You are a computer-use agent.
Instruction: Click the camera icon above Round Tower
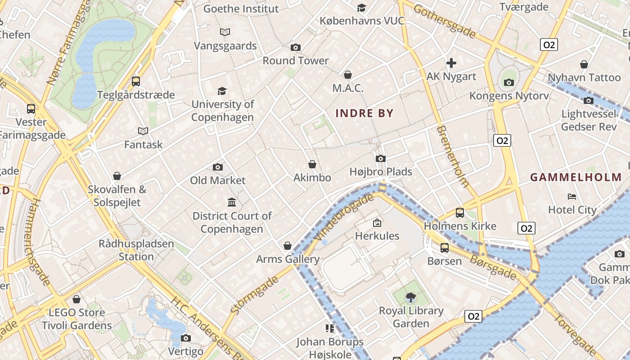(296, 48)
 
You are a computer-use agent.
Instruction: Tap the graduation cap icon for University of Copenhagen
(222, 91)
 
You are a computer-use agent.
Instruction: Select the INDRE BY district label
(364, 113)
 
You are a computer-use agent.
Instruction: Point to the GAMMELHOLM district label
(578, 177)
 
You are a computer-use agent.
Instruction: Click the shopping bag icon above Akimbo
(312, 165)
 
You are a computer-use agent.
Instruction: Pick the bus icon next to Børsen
(445, 248)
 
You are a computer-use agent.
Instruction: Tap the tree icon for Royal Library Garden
(410, 297)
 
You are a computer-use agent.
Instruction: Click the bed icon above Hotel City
(572, 197)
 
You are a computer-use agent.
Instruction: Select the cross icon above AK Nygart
(451, 63)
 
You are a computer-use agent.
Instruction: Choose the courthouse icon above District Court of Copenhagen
(232, 202)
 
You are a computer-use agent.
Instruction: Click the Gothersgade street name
(444, 21)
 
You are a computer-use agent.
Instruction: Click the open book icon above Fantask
(143, 131)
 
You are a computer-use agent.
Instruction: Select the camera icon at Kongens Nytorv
(509, 82)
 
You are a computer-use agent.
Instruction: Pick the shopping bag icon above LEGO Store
(76, 299)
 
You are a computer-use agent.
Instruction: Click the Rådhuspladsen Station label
(136, 250)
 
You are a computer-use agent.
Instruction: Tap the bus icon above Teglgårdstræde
(136, 81)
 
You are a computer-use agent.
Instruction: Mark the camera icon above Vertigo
(185, 338)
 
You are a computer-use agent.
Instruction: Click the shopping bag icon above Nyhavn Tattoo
(584, 65)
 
